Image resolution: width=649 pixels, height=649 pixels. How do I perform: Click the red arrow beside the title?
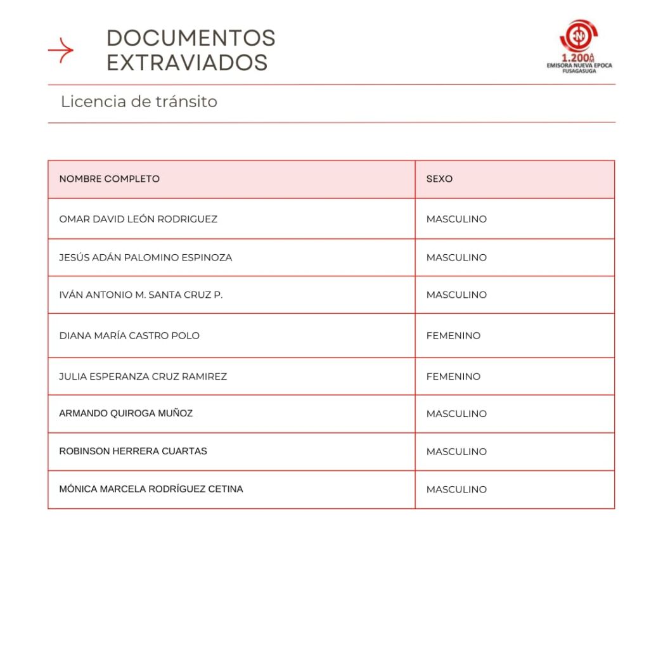click(61, 50)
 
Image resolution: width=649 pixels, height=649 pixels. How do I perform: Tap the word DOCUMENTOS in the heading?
click(191, 38)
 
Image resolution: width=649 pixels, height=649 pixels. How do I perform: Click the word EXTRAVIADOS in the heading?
click(187, 63)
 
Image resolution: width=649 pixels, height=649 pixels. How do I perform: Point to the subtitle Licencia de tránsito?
click(139, 101)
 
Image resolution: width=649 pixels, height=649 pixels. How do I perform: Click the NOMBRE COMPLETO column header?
click(109, 179)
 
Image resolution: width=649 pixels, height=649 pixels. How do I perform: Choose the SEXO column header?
click(439, 179)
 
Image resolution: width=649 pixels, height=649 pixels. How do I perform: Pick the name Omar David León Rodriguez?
click(138, 219)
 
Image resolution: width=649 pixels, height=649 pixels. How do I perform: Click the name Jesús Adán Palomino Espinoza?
click(145, 257)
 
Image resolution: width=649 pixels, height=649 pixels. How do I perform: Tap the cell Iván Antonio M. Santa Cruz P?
click(141, 295)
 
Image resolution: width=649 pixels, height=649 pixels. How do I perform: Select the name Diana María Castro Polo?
click(129, 335)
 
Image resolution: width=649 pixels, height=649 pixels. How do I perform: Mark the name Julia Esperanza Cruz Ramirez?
click(143, 376)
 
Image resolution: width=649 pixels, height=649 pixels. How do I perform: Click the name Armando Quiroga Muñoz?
click(125, 413)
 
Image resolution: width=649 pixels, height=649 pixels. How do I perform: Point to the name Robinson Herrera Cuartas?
click(133, 451)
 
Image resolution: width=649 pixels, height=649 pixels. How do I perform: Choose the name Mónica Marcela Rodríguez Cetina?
click(151, 489)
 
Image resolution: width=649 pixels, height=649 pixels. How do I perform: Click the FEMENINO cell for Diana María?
click(453, 335)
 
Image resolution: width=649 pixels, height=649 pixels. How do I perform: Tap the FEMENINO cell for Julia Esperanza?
click(453, 376)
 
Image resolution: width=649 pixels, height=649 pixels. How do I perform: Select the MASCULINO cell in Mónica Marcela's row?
click(456, 489)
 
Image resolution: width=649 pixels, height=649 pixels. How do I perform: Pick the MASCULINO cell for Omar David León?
click(456, 219)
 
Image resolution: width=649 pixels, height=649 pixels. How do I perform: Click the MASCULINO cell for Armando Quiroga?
click(456, 414)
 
